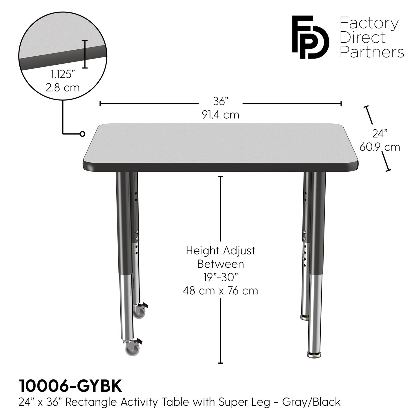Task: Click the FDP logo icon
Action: (310, 37)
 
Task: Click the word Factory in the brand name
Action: (369, 23)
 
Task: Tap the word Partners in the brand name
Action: (372, 52)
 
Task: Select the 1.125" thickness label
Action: (61, 75)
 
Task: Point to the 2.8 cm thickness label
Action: (63, 87)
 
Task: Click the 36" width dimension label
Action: (221, 101)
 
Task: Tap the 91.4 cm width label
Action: (221, 115)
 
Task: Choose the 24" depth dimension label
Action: (380, 134)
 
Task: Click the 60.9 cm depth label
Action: (380, 147)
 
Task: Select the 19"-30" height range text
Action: (220, 277)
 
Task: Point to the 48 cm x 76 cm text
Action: (220, 291)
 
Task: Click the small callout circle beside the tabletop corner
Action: (82, 134)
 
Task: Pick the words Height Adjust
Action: (220, 251)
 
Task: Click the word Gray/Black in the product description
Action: (311, 402)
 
